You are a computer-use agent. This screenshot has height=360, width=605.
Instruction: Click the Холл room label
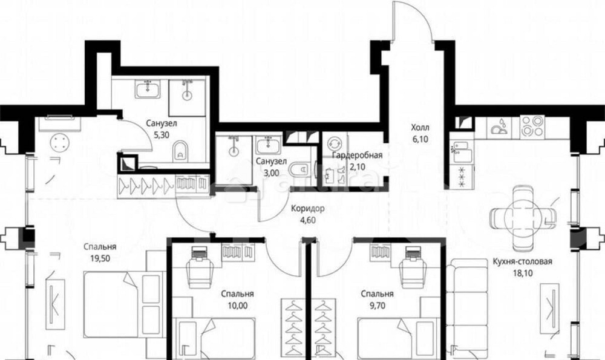click(x=420, y=128)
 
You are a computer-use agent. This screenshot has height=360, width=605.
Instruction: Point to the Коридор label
click(x=307, y=209)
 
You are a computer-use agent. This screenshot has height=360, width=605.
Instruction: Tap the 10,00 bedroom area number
click(x=238, y=306)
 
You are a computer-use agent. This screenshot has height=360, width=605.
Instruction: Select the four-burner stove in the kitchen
click(x=532, y=126)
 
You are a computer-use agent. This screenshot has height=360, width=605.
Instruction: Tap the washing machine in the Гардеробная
click(x=333, y=144)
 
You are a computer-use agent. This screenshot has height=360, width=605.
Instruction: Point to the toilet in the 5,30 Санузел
click(x=180, y=151)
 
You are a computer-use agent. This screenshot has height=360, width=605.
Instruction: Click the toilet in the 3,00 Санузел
click(x=299, y=169)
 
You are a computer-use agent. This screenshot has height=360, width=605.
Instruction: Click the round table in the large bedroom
click(x=60, y=142)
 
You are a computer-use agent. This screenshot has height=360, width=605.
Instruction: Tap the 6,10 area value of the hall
click(x=420, y=139)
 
